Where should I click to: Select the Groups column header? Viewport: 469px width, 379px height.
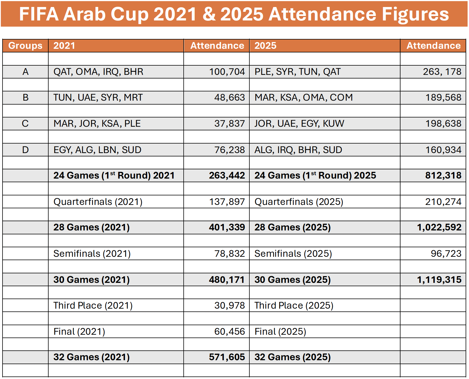coord(25,46)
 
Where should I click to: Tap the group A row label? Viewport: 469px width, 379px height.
coord(25,72)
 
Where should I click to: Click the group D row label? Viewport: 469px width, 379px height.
coord(25,150)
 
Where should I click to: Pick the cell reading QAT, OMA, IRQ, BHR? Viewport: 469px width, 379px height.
coord(98,72)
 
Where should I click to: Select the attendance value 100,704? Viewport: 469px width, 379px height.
coord(227,72)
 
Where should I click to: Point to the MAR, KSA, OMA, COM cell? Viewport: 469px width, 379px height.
coord(303,98)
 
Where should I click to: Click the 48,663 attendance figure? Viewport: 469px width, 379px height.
coord(229,98)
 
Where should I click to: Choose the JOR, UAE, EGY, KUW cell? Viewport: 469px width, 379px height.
coord(299,124)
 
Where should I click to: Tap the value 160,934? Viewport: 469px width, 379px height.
coord(443,150)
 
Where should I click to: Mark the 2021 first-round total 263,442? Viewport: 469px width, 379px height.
coord(227,175)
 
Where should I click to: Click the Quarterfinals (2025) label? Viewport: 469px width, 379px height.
coord(299,202)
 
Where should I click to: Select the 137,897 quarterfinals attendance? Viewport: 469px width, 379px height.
coord(227,202)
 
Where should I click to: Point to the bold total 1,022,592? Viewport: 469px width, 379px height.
coord(439,227)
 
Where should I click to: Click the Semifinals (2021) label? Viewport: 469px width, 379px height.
coord(92,254)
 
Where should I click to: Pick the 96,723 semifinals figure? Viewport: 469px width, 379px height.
coord(446,254)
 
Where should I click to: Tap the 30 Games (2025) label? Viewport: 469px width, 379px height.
coord(292,280)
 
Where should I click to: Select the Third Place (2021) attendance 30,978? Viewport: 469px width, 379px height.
coord(229,306)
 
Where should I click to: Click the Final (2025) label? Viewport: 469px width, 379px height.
coord(280,332)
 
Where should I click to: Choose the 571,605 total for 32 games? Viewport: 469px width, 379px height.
coord(227,357)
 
